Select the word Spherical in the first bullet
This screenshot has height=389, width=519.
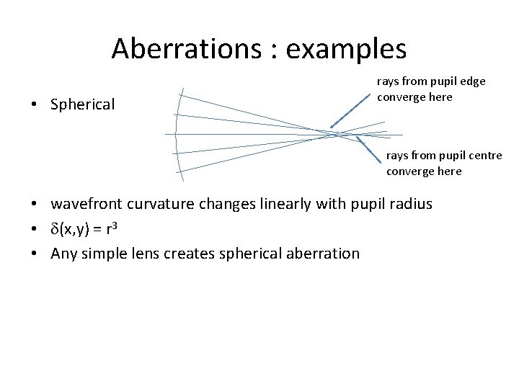82,104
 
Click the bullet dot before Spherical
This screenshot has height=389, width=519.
35,104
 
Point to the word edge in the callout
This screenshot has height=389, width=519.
472,81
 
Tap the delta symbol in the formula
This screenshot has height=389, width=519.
55,228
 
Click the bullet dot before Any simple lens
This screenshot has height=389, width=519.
35,254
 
